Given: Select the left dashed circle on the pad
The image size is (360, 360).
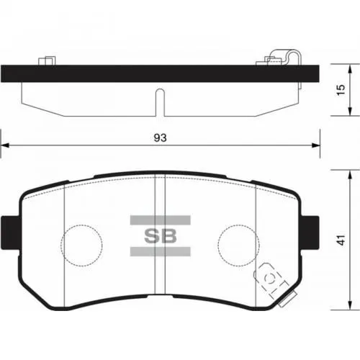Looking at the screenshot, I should [81, 243].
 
